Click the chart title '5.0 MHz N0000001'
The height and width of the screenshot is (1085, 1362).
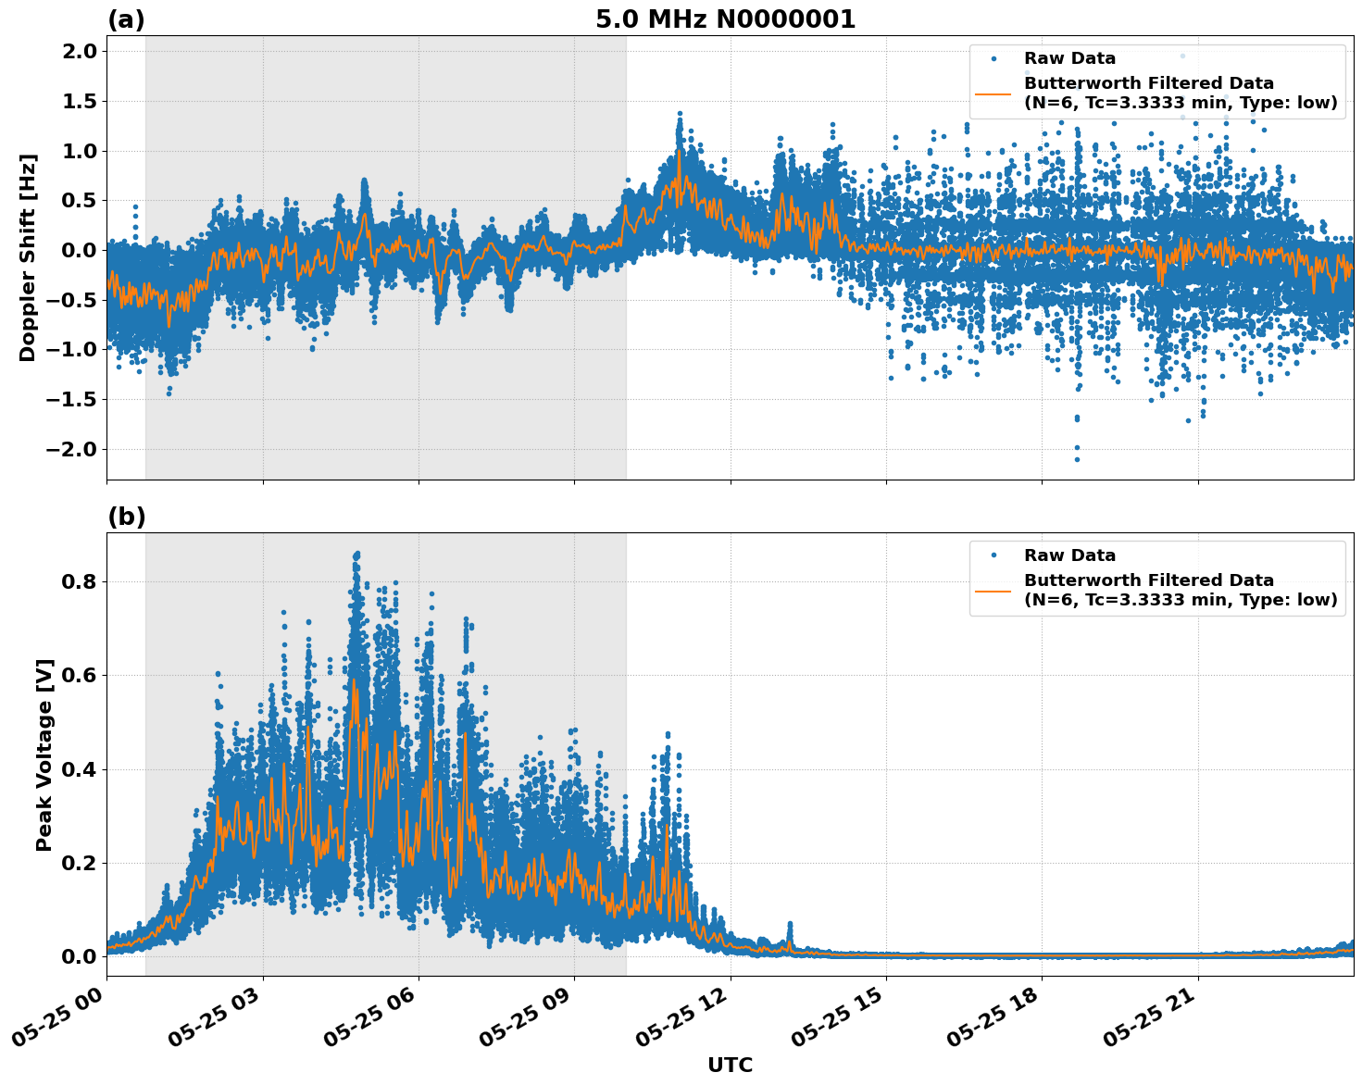[x=725, y=19]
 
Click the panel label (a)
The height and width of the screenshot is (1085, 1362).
[x=126, y=19]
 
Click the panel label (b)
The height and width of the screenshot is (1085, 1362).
[x=126, y=517]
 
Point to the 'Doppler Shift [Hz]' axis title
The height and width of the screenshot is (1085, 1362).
[x=28, y=257]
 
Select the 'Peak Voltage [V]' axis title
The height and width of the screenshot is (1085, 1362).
[x=44, y=755]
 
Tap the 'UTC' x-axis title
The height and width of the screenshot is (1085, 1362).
[x=730, y=1065]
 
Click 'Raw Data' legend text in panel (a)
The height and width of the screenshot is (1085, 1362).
[x=1069, y=59]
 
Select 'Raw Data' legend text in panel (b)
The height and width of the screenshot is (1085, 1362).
[x=1069, y=555]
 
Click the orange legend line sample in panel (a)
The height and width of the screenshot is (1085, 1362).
[x=993, y=94]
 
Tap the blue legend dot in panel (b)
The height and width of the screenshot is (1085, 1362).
[x=993, y=555]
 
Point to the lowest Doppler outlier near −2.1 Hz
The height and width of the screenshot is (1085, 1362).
[x=1077, y=459]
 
